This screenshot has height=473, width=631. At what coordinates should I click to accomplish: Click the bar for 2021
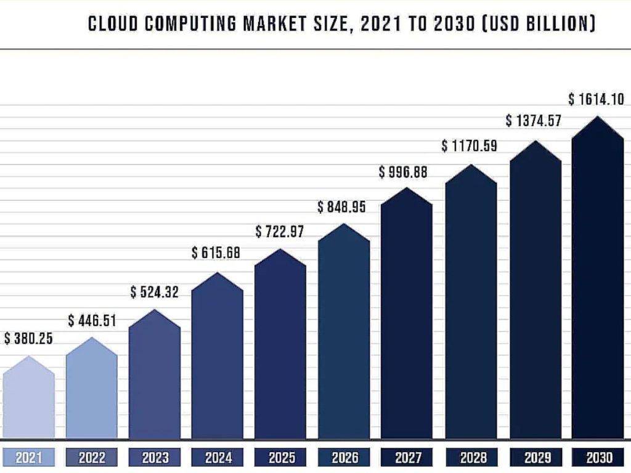point(28,400)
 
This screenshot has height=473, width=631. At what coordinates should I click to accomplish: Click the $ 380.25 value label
point(28,339)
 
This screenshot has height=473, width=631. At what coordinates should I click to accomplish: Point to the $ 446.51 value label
point(92,320)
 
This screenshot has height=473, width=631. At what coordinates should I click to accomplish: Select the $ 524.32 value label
point(154,292)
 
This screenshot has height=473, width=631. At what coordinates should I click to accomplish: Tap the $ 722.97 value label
point(280,232)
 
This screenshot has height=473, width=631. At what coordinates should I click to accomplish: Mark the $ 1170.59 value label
point(469,147)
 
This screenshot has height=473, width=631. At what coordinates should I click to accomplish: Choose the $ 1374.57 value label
point(534,121)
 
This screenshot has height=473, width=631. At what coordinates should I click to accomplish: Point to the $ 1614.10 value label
point(596,100)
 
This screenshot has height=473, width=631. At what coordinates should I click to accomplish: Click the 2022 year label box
point(91,458)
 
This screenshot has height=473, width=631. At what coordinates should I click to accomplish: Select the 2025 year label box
point(280,458)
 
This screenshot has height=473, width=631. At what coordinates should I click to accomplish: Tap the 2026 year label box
point(344,458)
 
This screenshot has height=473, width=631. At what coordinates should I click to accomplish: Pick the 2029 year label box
point(534,458)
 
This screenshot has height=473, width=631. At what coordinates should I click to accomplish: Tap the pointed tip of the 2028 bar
point(471,165)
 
